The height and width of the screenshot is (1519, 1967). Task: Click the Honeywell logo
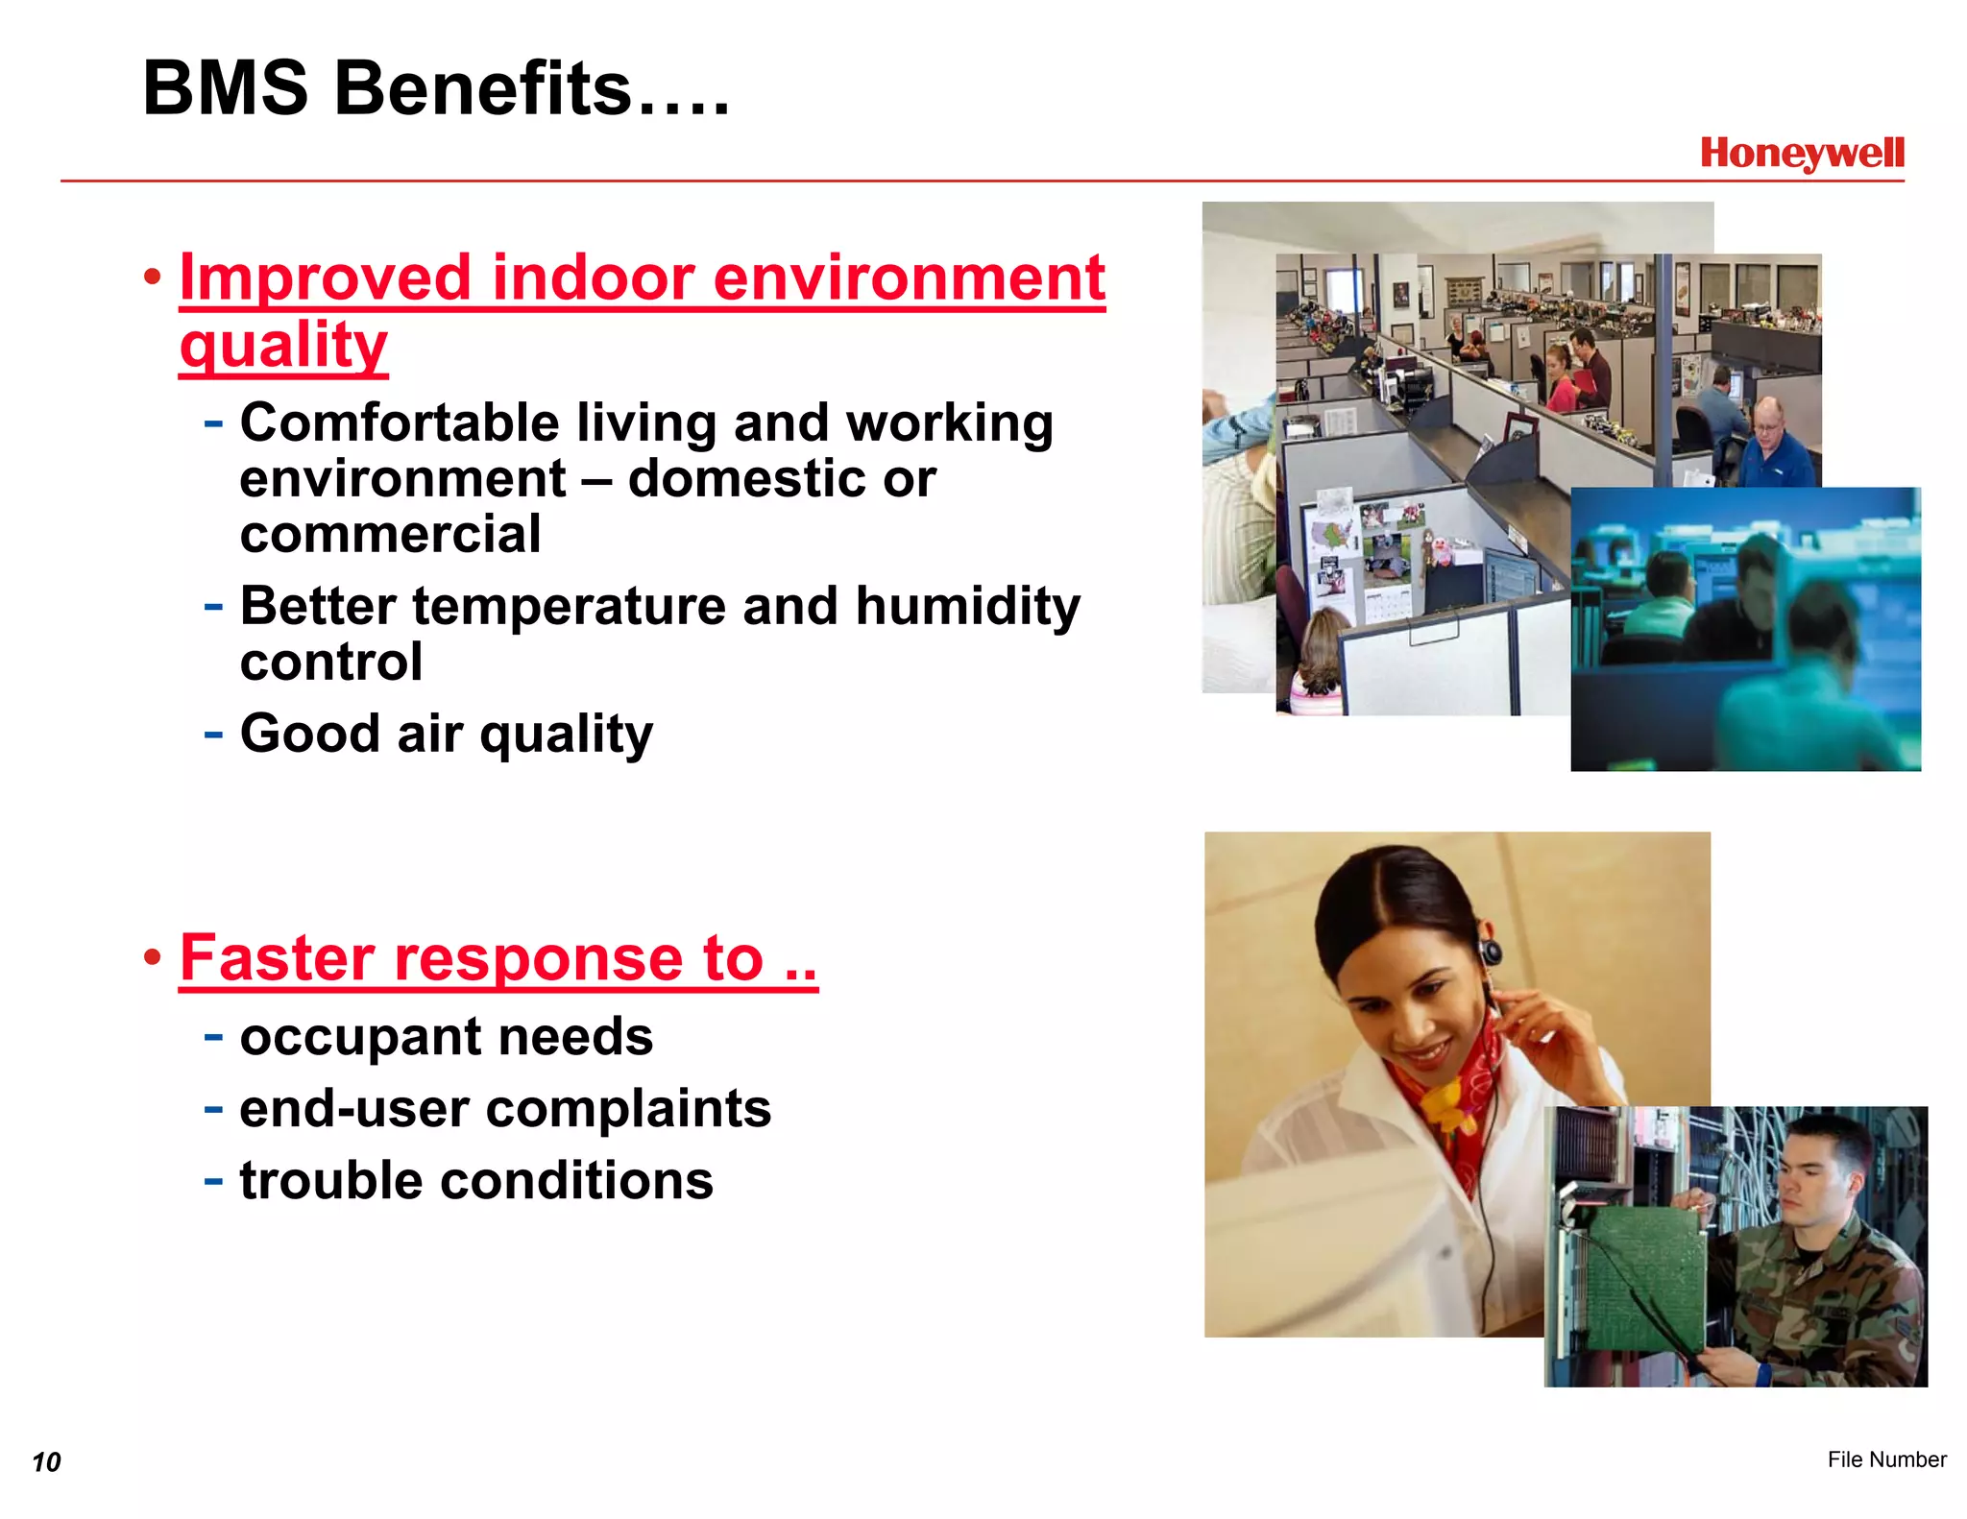coord(1801,154)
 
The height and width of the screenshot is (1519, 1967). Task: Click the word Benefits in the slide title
coord(482,88)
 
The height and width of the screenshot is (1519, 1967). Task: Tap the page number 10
coord(46,1461)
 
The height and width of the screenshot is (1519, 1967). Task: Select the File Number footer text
coord(1886,1459)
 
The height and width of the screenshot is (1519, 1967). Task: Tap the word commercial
coord(390,534)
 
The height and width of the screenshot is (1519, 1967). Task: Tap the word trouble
coord(330,1181)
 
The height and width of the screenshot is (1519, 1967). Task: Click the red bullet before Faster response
coord(152,957)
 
